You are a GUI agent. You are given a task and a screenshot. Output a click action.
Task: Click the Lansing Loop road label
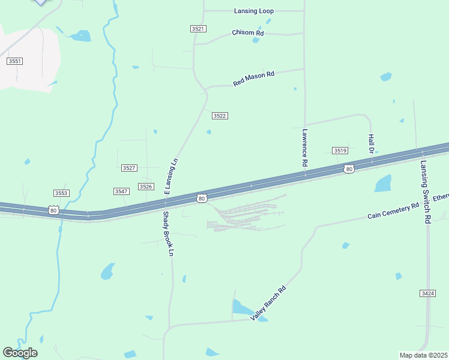point(253,11)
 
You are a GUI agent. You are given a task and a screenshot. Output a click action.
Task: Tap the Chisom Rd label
point(248,32)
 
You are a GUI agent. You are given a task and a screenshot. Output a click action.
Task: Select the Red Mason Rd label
point(253,79)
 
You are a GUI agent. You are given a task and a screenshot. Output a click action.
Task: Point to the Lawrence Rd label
point(305,148)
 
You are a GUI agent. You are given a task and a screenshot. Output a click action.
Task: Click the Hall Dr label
point(371,144)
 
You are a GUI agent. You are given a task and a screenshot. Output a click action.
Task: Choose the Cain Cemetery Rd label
point(393,211)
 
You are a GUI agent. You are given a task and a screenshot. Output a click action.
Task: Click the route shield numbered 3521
point(198,29)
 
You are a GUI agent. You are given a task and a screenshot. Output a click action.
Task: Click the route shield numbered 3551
point(15,61)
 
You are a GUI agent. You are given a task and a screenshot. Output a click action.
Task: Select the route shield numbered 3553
point(61,193)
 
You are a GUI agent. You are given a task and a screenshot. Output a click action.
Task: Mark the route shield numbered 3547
point(121,191)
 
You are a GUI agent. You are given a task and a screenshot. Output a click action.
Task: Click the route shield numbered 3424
point(427,293)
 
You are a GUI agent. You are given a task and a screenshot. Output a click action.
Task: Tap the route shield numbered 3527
point(129,168)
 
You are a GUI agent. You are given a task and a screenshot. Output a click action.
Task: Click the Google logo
point(20,352)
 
